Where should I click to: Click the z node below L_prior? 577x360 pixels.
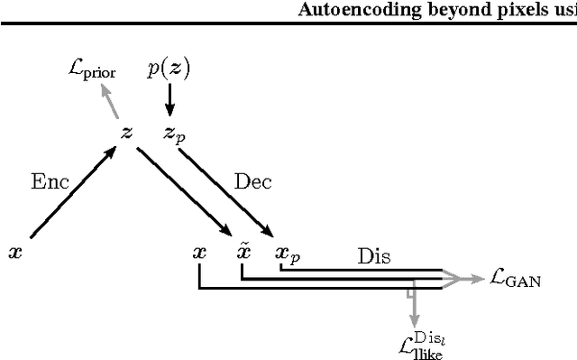point(127,133)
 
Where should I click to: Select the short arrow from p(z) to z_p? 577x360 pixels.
point(169,102)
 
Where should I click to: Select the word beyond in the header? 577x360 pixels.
point(475,12)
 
